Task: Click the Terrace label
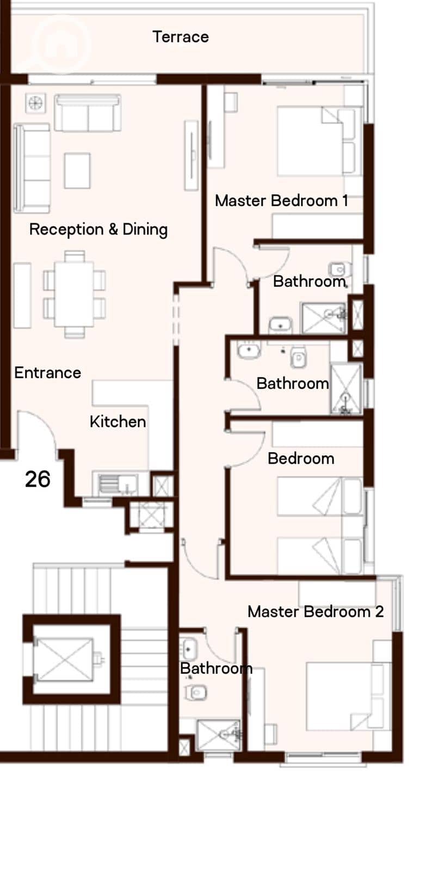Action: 181,37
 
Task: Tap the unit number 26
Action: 38,479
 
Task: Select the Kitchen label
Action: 118,421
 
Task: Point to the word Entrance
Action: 48,372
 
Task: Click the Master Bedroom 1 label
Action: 281,201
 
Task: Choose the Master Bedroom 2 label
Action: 316,612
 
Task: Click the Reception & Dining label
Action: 98,229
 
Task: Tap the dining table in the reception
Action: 74,295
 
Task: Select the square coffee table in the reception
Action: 77,171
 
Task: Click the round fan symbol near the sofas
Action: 35,103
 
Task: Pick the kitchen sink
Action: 117,484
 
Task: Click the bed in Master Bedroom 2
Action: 348,696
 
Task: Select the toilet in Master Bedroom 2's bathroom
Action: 196,692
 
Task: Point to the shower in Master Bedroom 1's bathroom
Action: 324,318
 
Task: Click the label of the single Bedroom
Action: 301,458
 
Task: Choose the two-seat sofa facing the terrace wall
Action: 88,113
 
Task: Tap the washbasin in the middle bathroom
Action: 249,351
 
